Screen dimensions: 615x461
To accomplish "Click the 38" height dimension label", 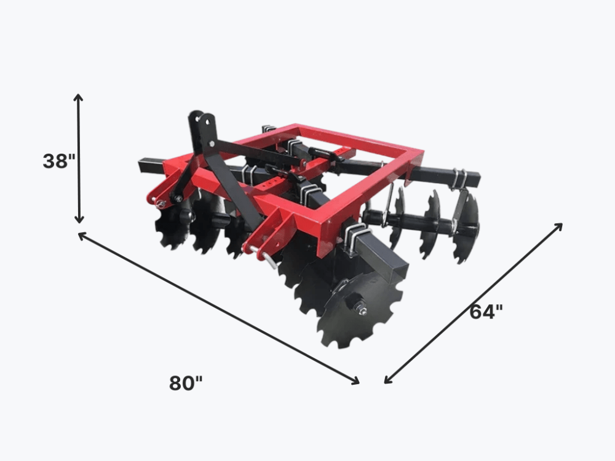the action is point(59,161).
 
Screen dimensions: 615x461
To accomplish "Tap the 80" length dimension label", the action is point(186,383).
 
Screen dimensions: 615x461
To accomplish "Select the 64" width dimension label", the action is point(486,312).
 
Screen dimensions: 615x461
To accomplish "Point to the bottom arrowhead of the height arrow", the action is point(79,219).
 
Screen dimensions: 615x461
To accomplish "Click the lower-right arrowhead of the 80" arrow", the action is point(355,380).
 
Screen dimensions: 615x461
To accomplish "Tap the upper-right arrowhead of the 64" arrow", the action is point(558,227).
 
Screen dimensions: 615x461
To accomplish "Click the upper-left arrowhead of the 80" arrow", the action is point(83,235).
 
